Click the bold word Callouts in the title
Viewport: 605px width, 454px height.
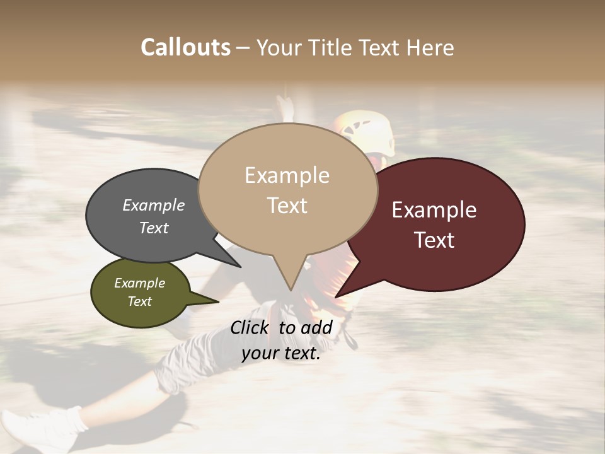click(185, 47)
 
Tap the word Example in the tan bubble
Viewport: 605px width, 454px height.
click(287, 175)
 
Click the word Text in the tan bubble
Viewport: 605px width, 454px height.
click(287, 206)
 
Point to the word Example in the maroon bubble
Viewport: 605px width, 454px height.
click(434, 210)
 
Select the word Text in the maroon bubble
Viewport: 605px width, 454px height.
click(434, 240)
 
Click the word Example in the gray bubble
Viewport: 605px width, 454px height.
click(153, 206)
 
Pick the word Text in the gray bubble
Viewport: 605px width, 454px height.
click(153, 228)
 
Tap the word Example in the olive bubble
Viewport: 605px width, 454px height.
click(139, 283)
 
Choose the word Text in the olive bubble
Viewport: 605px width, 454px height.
click(139, 301)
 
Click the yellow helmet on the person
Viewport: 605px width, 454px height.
click(369, 131)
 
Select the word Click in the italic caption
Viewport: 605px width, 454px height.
click(251, 327)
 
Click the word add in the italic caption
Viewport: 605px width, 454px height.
click(316, 327)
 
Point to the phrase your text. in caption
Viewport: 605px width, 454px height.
click(281, 354)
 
